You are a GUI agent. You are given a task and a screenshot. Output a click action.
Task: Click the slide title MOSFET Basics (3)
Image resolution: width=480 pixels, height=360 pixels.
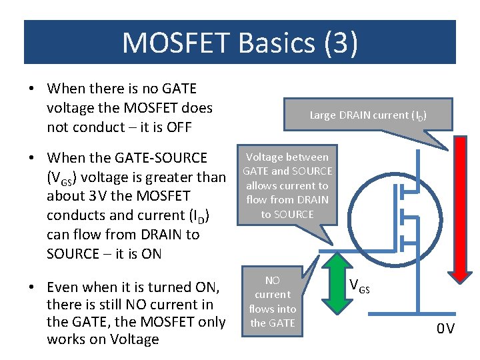coord(240,43)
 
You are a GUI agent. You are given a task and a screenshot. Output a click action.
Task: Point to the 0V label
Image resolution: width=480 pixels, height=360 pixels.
coord(445,329)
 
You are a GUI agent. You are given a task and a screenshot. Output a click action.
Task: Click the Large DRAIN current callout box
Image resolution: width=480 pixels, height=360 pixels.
coord(367,115)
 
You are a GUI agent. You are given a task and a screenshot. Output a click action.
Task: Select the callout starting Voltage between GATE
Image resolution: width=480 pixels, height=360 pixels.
coord(287,185)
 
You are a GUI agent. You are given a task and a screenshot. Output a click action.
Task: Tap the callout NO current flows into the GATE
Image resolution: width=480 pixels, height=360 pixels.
coord(273,301)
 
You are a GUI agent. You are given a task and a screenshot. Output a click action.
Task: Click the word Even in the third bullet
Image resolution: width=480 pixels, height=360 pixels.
coord(64,287)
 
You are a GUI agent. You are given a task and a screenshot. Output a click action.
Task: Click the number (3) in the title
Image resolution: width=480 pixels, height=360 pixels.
coord(341,43)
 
